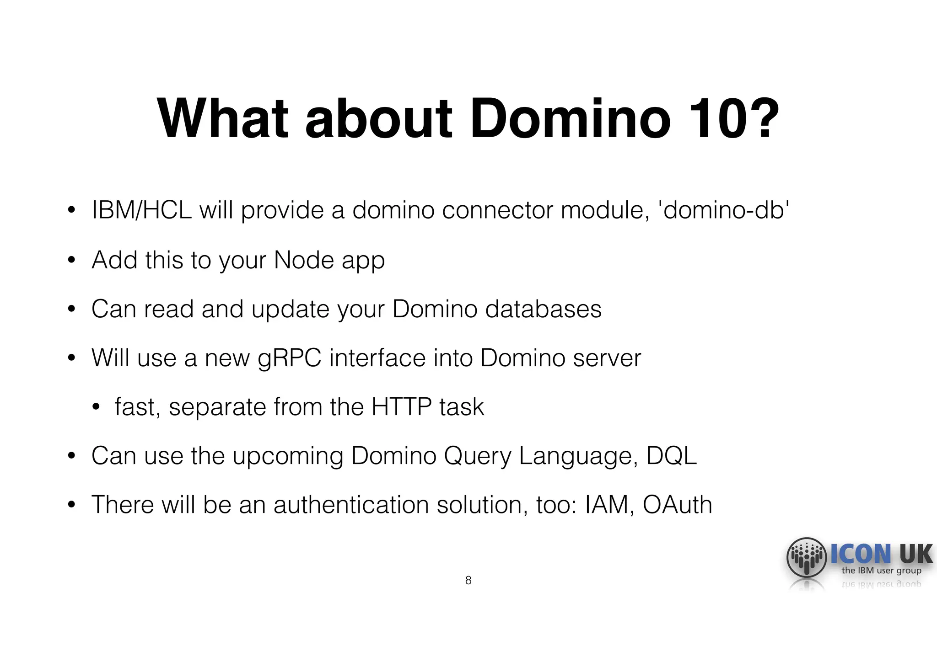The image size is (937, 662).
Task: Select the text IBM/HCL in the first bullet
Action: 141,210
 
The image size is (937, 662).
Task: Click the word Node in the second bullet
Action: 304,260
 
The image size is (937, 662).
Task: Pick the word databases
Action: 543,309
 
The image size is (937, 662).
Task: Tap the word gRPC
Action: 289,358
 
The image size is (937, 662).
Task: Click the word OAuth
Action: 677,504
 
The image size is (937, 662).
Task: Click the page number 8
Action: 468,580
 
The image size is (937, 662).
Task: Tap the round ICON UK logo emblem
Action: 806,557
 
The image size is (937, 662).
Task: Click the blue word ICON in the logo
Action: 861,554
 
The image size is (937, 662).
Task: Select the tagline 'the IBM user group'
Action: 881,570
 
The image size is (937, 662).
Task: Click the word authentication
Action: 351,504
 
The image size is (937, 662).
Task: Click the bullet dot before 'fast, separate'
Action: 96,407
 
